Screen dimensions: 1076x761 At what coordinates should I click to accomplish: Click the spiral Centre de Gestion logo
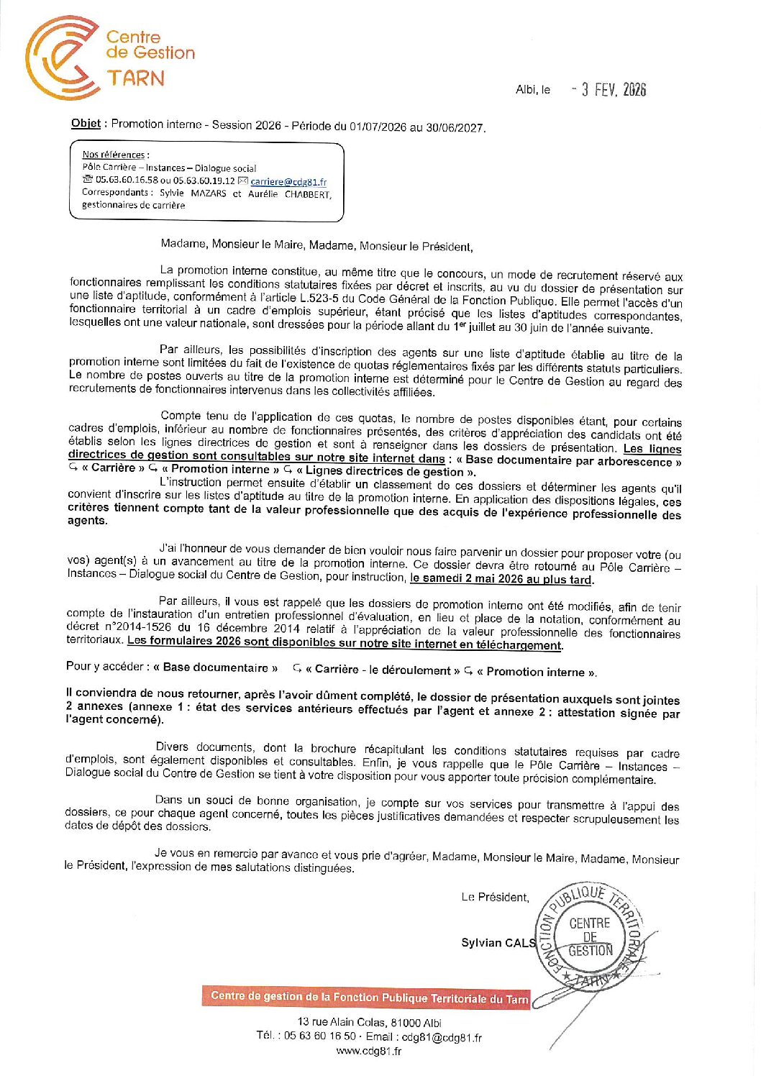(x=62, y=58)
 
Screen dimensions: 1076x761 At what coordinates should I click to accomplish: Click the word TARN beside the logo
(x=136, y=78)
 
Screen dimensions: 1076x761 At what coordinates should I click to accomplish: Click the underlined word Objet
(x=86, y=123)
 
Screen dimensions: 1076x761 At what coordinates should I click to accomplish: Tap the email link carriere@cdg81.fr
(x=288, y=182)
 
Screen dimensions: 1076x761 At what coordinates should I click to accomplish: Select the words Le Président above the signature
(x=495, y=897)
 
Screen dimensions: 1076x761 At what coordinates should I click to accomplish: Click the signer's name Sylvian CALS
(x=498, y=942)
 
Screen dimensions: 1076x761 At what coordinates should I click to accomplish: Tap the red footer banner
(x=367, y=997)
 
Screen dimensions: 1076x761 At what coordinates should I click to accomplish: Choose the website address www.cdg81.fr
(x=369, y=1051)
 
